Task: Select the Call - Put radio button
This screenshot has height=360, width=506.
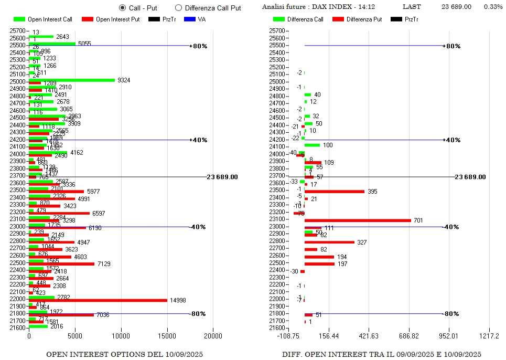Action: (x=123, y=8)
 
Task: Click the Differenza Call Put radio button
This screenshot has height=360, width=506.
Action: (x=178, y=8)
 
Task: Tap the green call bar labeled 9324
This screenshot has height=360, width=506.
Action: (x=72, y=80)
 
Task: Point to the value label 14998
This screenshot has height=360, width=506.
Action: (x=178, y=300)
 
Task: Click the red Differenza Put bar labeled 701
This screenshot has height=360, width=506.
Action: (x=358, y=220)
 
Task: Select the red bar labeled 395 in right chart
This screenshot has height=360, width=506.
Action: (x=335, y=192)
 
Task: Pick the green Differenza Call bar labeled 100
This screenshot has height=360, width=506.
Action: (x=312, y=145)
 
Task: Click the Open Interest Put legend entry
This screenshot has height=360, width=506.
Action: (x=110, y=19)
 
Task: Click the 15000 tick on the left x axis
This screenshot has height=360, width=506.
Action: (x=167, y=336)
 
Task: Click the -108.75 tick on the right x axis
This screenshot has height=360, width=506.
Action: (x=288, y=336)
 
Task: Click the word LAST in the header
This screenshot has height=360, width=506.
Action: (x=411, y=7)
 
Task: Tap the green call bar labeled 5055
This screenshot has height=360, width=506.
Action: (x=52, y=44)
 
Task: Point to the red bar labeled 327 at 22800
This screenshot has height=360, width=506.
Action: (x=329, y=242)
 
